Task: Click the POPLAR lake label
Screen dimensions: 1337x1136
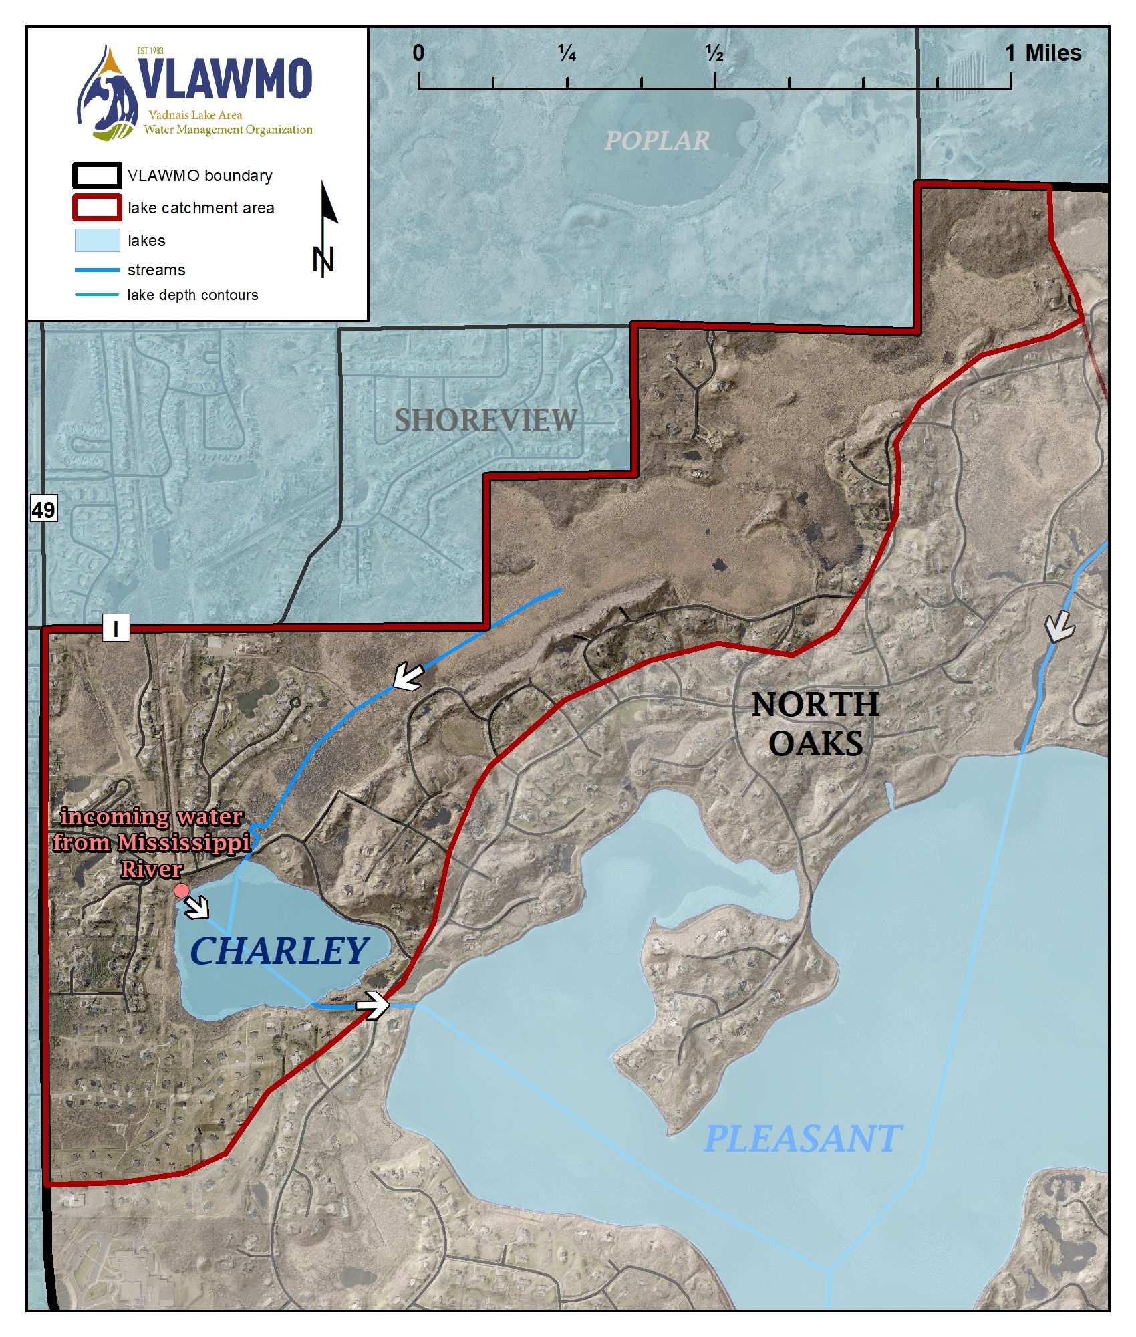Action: tap(657, 140)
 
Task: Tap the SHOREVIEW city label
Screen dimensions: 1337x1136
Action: tap(485, 420)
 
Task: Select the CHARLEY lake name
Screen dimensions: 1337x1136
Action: tap(279, 951)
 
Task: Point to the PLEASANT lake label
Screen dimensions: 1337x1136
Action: tap(803, 1139)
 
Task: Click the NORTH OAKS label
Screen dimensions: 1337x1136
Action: tap(815, 724)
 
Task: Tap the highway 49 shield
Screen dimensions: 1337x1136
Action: tap(43, 509)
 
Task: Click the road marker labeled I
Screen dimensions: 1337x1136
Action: tap(116, 628)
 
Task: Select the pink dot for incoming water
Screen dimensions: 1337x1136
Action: tap(181, 890)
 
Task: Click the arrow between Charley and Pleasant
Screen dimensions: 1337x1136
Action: tap(373, 1005)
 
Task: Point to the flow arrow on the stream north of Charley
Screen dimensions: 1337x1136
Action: tap(408, 677)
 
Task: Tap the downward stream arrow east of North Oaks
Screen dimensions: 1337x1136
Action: tap(1059, 626)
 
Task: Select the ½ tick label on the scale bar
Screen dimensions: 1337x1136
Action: tap(714, 53)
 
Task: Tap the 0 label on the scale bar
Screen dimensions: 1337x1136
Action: tap(418, 53)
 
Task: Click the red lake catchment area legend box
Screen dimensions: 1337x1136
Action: tap(97, 208)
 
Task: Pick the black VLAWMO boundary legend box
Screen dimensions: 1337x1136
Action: tap(97, 176)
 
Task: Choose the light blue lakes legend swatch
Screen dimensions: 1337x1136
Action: tap(97, 241)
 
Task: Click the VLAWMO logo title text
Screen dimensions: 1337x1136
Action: tap(226, 79)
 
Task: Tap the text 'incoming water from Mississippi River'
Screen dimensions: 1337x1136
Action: tap(152, 843)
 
